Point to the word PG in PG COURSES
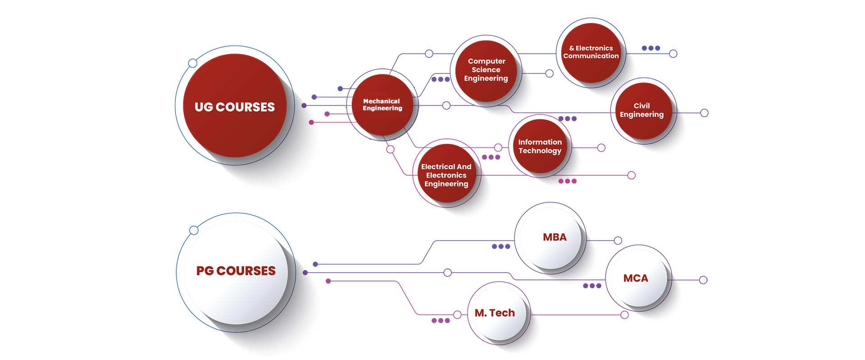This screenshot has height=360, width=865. tap(205, 271)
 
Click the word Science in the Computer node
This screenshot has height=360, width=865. tap(486, 70)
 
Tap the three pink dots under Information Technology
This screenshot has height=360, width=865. tap(567, 181)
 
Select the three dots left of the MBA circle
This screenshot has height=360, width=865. tap(501, 246)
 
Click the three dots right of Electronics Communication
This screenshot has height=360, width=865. tap(651, 48)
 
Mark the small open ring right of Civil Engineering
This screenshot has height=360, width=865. tap(704, 113)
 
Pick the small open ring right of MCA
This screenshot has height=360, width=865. tap(703, 280)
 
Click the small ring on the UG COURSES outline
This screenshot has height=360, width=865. tap(192, 63)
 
